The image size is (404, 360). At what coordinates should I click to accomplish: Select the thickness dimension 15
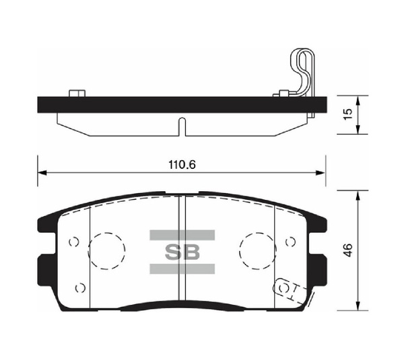tap(347, 115)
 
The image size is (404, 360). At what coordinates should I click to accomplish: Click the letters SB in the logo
tap(181, 252)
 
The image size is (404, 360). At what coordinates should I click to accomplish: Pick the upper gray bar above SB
tap(181, 235)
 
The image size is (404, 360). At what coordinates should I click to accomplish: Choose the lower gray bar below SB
tap(181, 269)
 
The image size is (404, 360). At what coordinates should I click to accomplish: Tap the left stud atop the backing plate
tap(75, 92)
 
